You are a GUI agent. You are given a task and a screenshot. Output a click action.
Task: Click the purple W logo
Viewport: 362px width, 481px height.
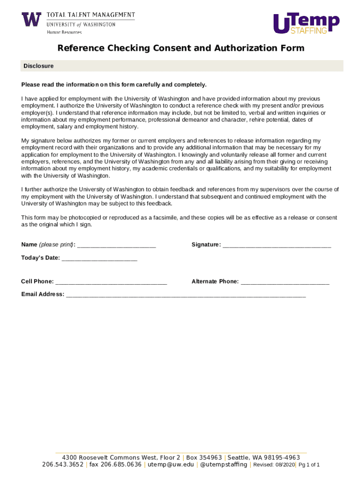tap(31, 19)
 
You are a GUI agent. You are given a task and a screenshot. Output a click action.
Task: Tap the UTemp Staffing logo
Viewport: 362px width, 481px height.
tap(306, 23)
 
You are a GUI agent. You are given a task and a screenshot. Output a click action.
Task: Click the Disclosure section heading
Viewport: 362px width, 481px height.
tap(39, 66)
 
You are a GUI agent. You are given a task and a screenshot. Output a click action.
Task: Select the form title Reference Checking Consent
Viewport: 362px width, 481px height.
tap(181, 48)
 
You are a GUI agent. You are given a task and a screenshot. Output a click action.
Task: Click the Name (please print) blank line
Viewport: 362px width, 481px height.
tap(116, 245)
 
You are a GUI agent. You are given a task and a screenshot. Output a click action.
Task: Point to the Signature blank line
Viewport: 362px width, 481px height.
tap(277, 245)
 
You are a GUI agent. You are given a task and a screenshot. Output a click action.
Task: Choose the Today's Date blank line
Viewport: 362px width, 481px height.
tap(99, 258)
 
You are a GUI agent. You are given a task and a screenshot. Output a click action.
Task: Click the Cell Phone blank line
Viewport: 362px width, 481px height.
tap(111, 282)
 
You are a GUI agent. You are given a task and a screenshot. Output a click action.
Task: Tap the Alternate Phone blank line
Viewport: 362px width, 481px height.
tap(285, 282)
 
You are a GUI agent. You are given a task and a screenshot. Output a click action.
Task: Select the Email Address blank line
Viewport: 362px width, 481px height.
tap(186, 295)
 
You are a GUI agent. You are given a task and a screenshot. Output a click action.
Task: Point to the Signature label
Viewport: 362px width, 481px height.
tap(206, 245)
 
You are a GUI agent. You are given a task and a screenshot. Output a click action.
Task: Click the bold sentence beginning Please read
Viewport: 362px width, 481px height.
tap(114, 85)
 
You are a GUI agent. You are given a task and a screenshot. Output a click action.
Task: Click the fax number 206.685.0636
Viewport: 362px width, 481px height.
tap(115, 465)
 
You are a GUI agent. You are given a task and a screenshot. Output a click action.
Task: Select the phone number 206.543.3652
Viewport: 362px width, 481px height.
tap(63, 465)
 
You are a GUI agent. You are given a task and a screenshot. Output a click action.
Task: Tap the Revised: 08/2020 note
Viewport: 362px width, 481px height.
tap(274, 465)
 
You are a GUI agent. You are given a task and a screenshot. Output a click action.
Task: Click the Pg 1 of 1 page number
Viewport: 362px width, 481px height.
tap(309, 465)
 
